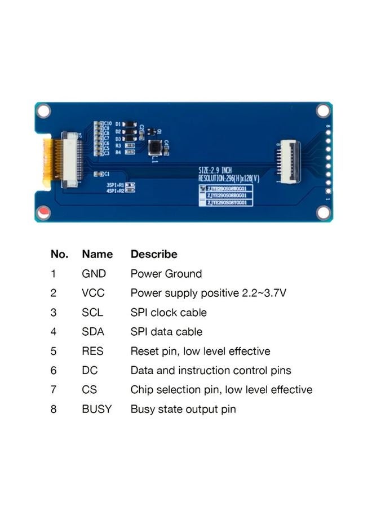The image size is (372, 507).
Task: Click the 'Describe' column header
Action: pos(153,254)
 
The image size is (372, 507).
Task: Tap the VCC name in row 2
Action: pos(93,293)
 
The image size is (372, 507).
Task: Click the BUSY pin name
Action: pos(96,409)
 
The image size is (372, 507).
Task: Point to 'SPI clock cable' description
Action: pos(169,312)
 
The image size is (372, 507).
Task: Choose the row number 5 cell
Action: pos(54,351)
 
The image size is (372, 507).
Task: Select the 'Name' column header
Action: pos(97,254)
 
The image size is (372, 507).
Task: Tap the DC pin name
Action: pos(89,370)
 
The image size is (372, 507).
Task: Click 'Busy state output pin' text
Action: pos(183,409)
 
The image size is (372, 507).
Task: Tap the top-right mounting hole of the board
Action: pos(323,110)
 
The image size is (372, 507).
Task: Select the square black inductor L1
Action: pos(155,148)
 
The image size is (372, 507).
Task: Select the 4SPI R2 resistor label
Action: pos(116,190)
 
